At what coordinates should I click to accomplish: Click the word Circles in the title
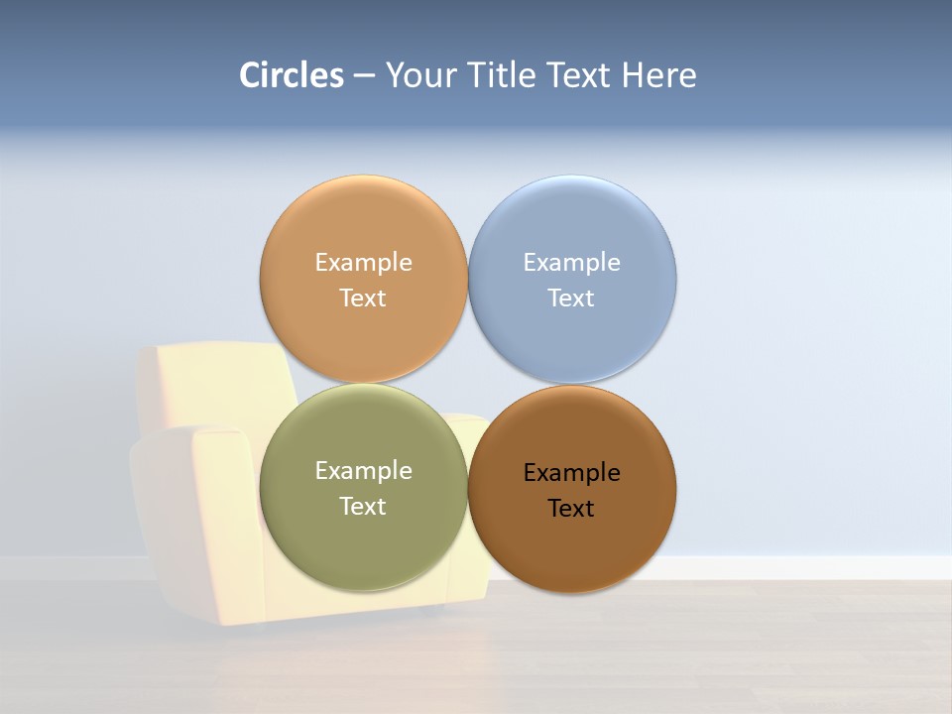292,75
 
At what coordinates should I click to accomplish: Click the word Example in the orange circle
363,263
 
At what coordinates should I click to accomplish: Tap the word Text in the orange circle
363,298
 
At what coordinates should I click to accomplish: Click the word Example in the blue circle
572,263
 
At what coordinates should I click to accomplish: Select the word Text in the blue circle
572,298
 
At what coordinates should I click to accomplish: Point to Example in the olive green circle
363,471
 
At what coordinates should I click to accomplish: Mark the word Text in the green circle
363,507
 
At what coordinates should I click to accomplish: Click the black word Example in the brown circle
572,473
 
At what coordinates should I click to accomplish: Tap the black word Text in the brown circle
572,509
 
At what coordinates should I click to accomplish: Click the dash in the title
364,76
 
